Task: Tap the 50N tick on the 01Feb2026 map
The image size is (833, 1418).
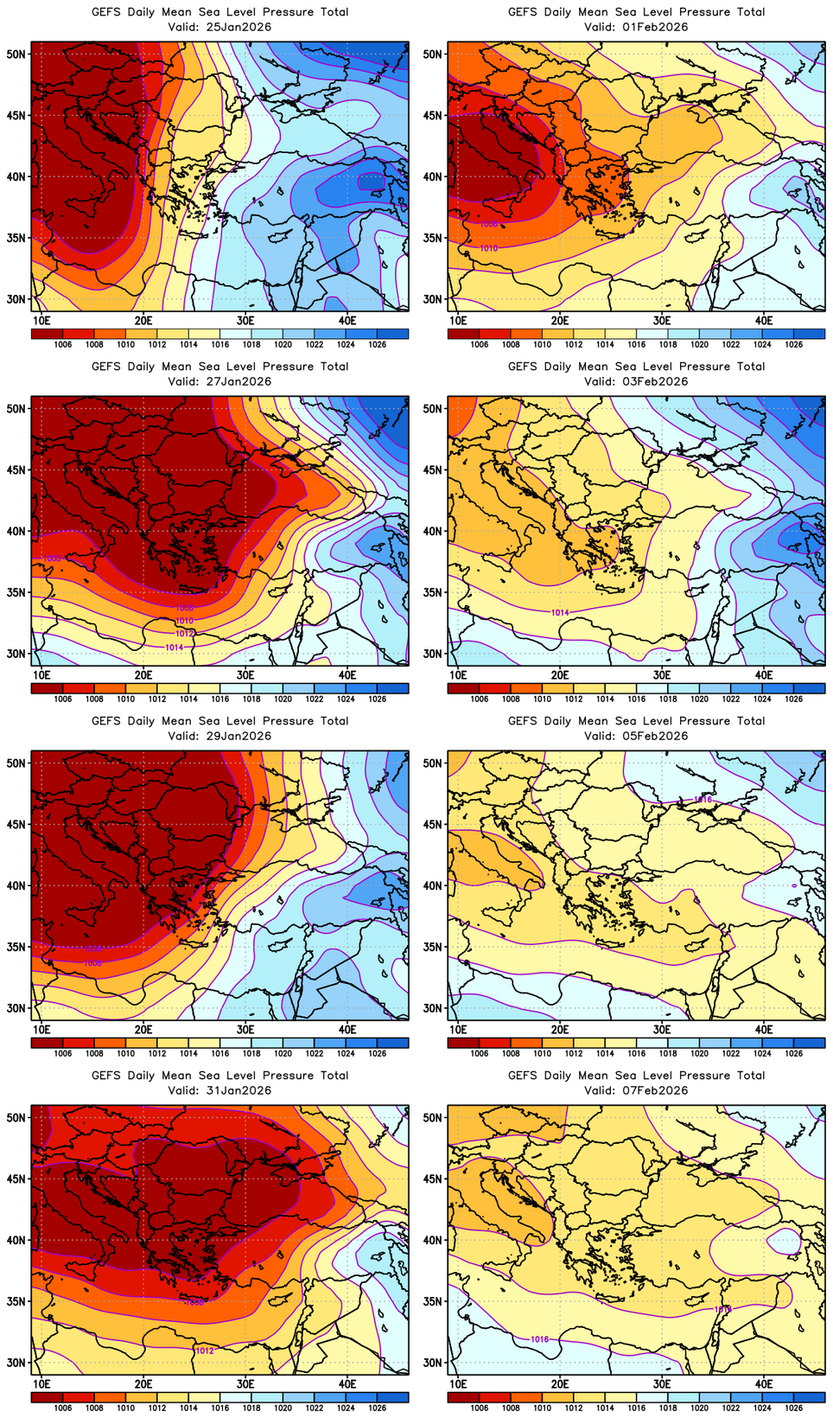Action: point(433,54)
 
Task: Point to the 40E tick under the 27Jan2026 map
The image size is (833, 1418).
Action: point(347,674)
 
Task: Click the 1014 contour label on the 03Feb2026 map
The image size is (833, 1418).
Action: point(560,612)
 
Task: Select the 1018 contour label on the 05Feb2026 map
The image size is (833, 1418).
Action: point(703,800)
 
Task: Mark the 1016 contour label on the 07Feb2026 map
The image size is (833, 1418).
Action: point(539,1339)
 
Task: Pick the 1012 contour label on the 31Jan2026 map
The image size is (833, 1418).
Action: point(204,1351)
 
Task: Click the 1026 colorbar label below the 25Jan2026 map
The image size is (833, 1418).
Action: point(378,344)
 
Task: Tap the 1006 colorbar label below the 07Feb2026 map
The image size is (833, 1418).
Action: point(480,1408)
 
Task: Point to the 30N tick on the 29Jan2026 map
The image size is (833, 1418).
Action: point(16,1008)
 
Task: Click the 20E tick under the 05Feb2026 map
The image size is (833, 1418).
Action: point(560,1029)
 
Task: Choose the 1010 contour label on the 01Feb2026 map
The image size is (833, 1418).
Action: point(488,248)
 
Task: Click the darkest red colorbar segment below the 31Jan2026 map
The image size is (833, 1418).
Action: point(46,1397)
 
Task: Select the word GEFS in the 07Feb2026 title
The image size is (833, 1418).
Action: point(523,1076)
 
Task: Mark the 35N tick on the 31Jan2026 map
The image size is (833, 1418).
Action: point(16,1301)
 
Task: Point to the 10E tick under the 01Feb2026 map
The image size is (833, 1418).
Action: point(458,320)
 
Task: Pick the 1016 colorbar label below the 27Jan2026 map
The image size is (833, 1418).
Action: point(220,699)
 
